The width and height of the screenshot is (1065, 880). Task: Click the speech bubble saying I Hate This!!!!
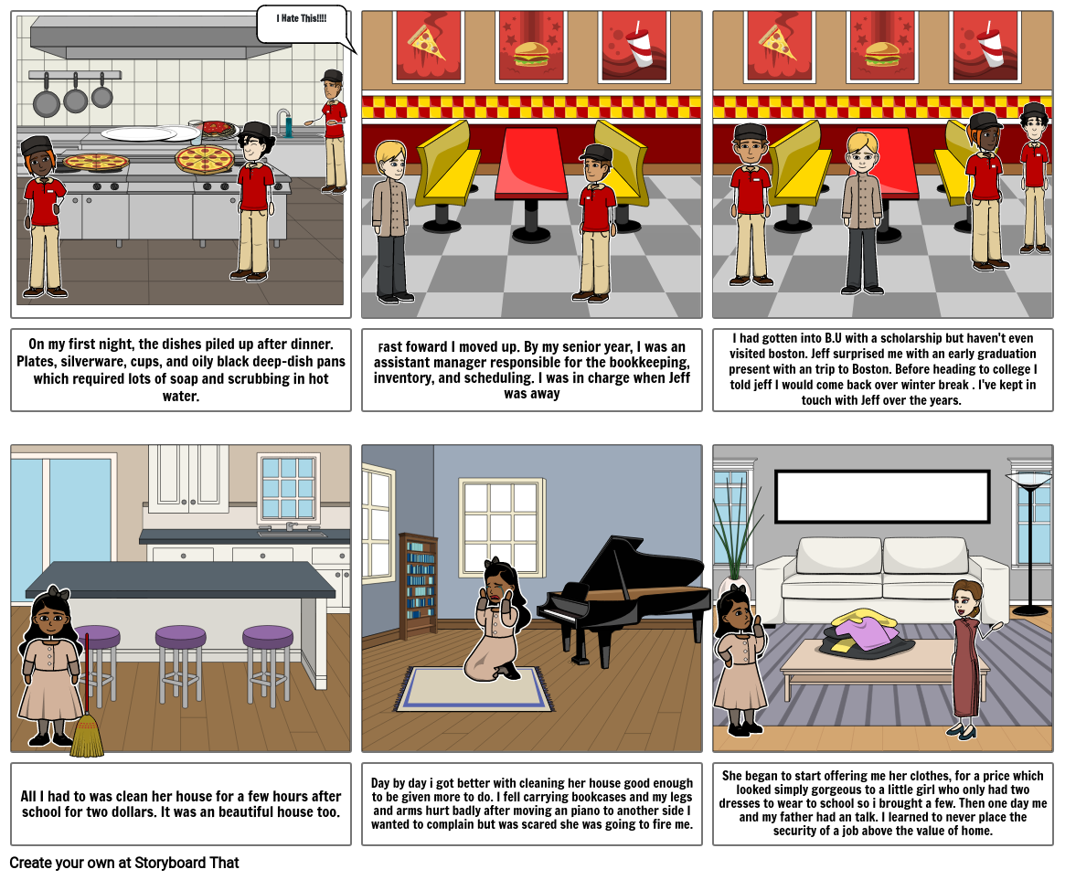coord(302,23)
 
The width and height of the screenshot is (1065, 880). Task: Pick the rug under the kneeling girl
coord(474,690)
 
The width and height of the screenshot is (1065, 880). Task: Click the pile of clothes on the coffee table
coord(867,635)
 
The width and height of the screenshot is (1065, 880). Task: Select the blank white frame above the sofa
coord(882,497)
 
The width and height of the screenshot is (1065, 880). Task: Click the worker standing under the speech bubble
coord(334,133)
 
